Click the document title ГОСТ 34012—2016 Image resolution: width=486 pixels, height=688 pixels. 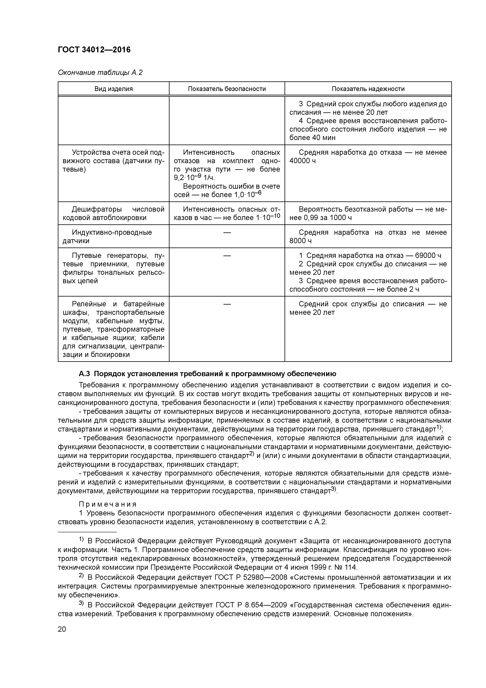pyautogui.click(x=94, y=50)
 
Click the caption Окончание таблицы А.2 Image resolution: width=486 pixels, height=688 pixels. pyautogui.click(x=100, y=73)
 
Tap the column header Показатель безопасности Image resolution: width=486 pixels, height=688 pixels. pyautogui.click(x=227, y=89)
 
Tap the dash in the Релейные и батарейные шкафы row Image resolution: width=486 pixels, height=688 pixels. pyautogui.click(x=227, y=304)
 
